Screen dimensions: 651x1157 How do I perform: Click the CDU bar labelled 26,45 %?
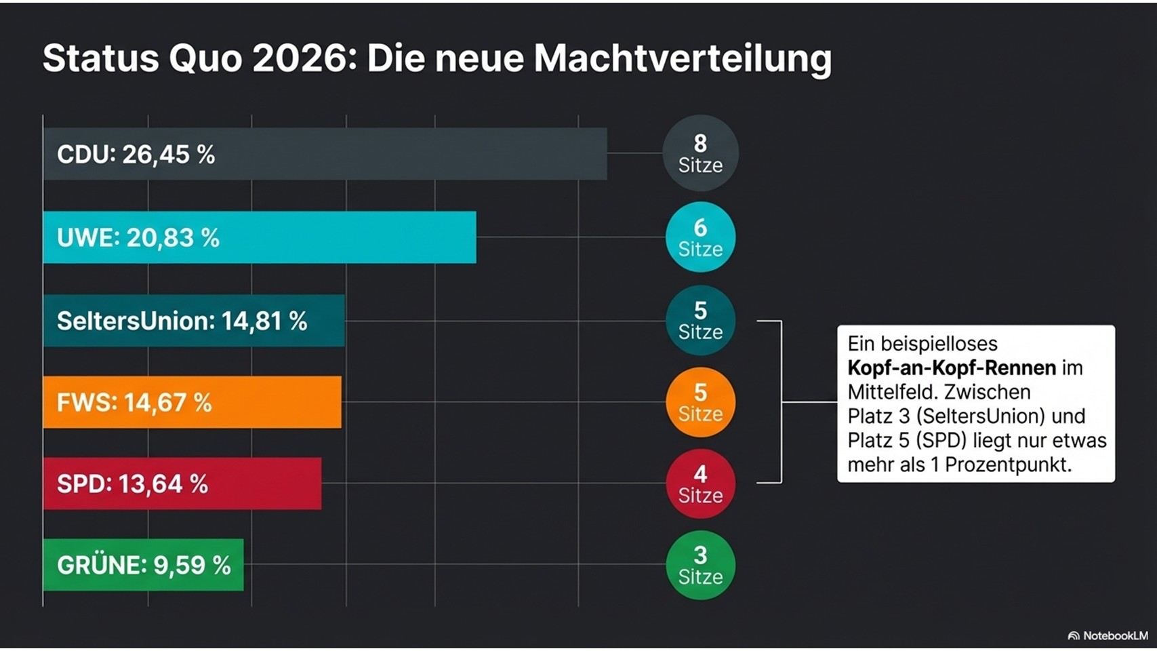pyautogui.click(x=325, y=154)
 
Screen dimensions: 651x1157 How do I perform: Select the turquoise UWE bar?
pyautogui.click(x=260, y=237)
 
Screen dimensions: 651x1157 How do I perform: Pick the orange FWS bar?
pyautogui.click(x=192, y=402)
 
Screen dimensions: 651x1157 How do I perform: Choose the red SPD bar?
pyautogui.click(x=182, y=484)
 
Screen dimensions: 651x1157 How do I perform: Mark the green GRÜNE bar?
pyautogui.click(x=143, y=565)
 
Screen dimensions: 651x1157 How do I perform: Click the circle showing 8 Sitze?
pyautogui.click(x=700, y=153)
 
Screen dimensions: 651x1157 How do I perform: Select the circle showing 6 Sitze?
pyautogui.click(x=700, y=237)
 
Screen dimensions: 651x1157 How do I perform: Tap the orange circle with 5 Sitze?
pyautogui.click(x=700, y=402)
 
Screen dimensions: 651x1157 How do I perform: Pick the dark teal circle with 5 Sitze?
pyautogui.click(x=700, y=321)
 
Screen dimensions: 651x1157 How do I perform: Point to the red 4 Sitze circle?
pyautogui.click(x=700, y=484)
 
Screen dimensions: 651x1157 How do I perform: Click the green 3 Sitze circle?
pyautogui.click(x=700, y=565)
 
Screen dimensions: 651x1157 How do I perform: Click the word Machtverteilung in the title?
pyautogui.click(x=683, y=58)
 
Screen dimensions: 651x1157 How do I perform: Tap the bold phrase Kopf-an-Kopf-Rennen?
pyautogui.click(x=952, y=368)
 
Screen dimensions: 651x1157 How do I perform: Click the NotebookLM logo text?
pyautogui.click(x=1115, y=635)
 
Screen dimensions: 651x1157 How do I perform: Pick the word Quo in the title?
pyautogui.click(x=205, y=58)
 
